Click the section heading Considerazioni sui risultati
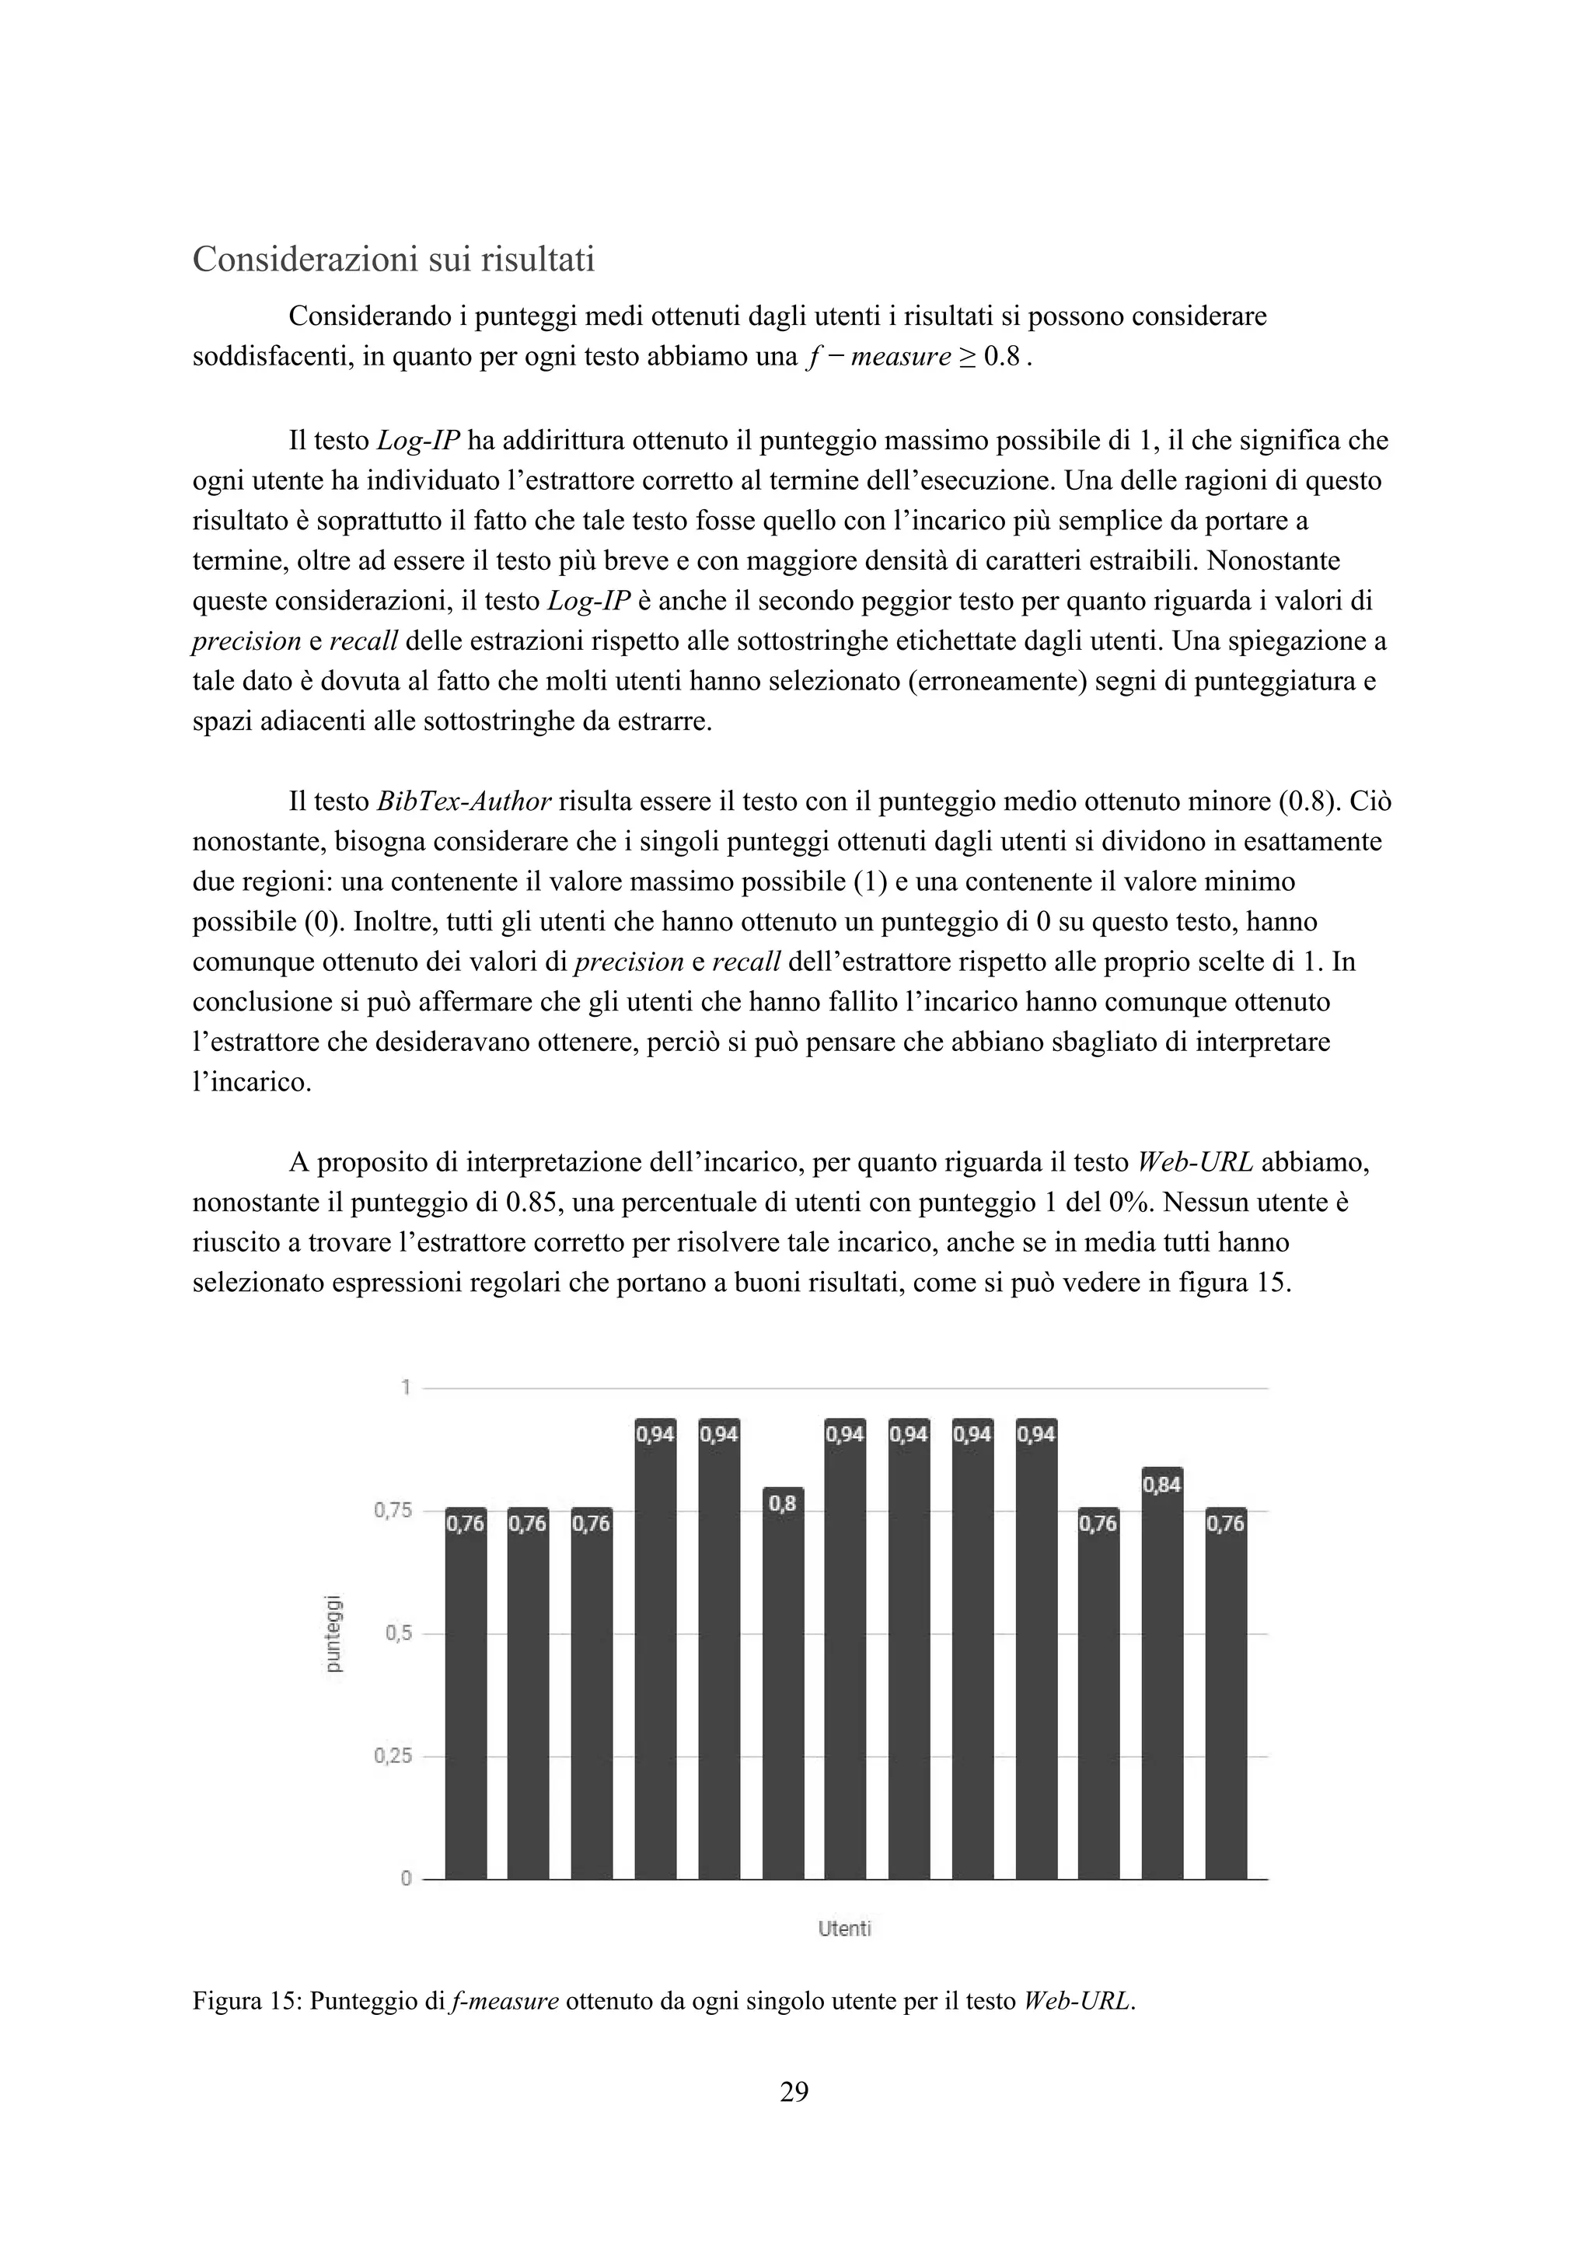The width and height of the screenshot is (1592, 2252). coord(393,260)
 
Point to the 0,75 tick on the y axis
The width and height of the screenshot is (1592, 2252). coord(393,1510)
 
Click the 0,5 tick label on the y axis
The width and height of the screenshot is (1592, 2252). coord(397,1634)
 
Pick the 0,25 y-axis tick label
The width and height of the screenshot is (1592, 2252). coord(393,1757)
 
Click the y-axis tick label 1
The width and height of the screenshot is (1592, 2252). coord(404,1387)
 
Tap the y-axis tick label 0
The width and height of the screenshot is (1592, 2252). coord(404,1880)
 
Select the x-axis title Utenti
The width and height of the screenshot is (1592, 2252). coord(844,1929)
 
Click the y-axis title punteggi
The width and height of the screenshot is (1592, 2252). coord(334,1633)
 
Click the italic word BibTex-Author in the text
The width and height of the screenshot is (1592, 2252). coord(464,801)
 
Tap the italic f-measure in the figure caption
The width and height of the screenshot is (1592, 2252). coord(503,2001)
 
